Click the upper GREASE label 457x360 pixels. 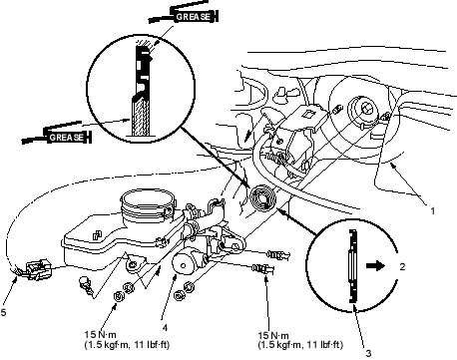(193, 17)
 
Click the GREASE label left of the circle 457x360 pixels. (66, 137)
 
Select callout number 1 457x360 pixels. (432, 210)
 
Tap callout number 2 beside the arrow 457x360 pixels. (402, 266)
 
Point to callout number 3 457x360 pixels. (368, 353)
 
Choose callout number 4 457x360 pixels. (165, 327)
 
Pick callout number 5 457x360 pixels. (3, 312)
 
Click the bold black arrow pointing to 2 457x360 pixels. (375, 266)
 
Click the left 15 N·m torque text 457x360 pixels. (101, 334)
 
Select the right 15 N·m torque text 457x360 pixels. (273, 335)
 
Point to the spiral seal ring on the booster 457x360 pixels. (261, 198)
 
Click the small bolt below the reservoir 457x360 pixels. (84, 286)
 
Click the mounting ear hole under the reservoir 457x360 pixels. (133, 265)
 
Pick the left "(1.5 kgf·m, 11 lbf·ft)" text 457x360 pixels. (127, 345)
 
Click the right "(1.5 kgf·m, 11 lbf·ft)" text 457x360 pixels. (300, 345)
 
